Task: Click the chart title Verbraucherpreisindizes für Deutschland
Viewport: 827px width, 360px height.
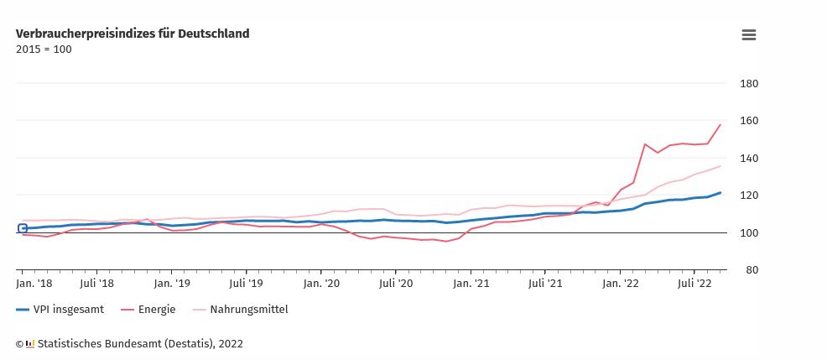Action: pyautogui.click(x=133, y=34)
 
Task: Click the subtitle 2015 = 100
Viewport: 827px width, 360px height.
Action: pyautogui.click(x=44, y=50)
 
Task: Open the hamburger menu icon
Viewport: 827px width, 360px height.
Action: pyautogui.click(x=749, y=34)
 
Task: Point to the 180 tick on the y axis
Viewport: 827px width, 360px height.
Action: pyautogui.click(x=749, y=84)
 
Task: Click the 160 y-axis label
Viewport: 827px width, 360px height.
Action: pyautogui.click(x=749, y=121)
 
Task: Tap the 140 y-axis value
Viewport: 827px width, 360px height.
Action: pyautogui.click(x=749, y=159)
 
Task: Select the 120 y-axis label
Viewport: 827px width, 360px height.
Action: pyautogui.click(x=749, y=196)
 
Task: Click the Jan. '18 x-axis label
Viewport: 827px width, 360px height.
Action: pyautogui.click(x=34, y=284)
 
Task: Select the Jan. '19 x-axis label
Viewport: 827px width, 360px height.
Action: pyautogui.click(x=171, y=284)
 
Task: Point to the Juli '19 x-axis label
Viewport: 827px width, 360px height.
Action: pyautogui.click(x=246, y=284)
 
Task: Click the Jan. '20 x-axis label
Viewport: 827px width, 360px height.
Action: pyautogui.click(x=321, y=284)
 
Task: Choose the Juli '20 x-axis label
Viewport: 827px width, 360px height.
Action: pyautogui.click(x=396, y=284)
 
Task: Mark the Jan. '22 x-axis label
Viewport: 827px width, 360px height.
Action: pyautogui.click(x=621, y=284)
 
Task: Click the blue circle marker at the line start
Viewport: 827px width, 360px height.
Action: pyautogui.click(x=23, y=228)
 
